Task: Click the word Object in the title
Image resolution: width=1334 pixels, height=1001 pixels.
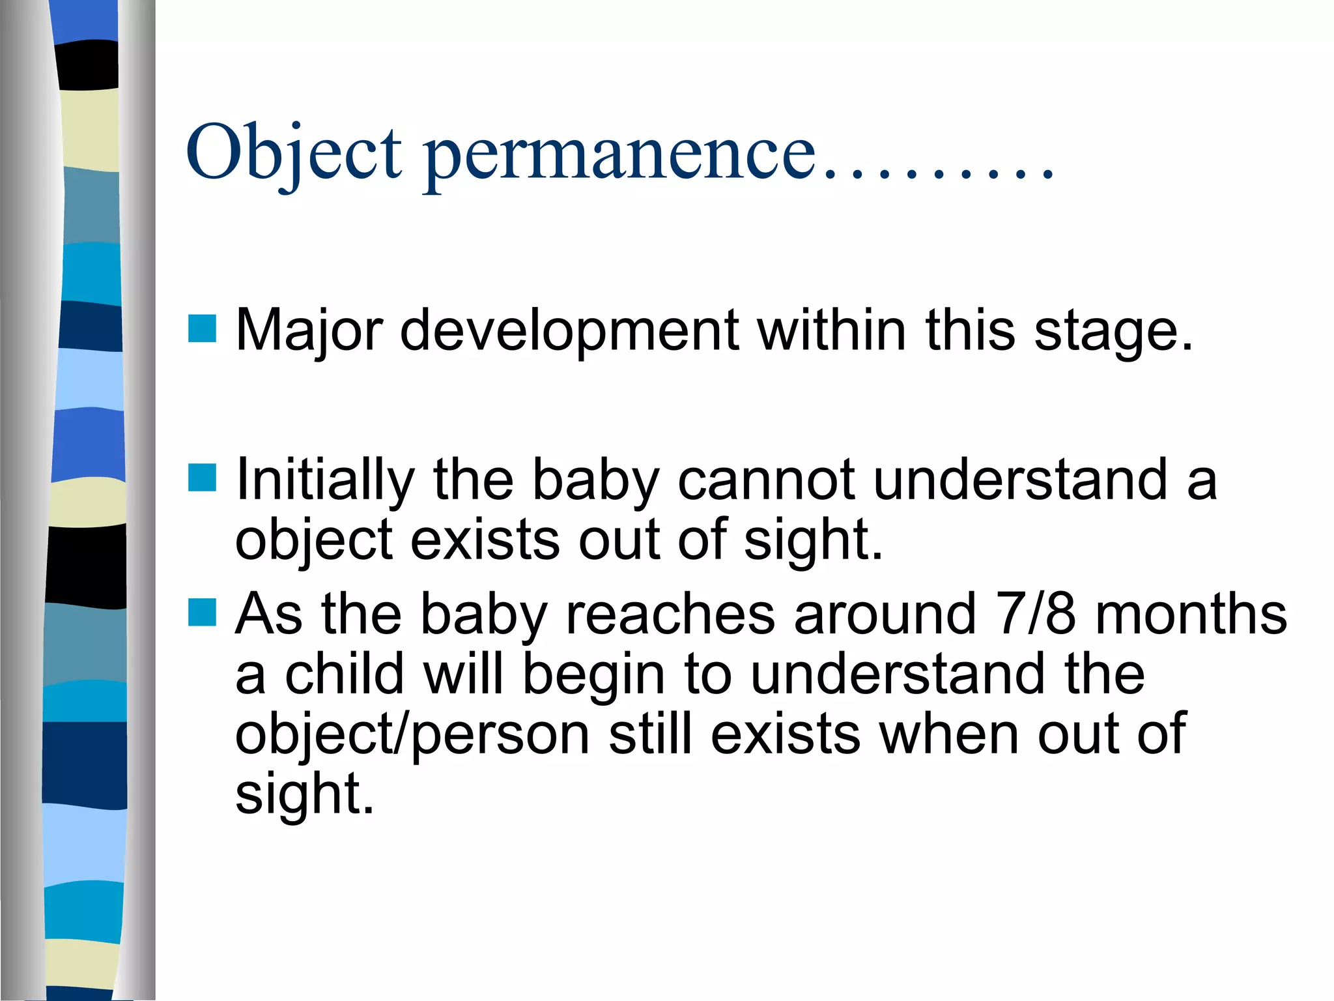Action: tap(294, 154)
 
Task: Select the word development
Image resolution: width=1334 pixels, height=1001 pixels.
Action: tap(569, 330)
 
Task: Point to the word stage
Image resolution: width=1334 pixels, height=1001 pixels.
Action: tap(1113, 330)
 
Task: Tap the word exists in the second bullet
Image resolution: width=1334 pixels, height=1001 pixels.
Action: tap(485, 540)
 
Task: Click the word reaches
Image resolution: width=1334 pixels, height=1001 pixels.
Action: tap(670, 615)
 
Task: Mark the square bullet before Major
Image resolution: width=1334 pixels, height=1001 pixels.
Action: tap(202, 328)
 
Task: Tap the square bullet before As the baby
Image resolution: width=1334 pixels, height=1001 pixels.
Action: tap(202, 613)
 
